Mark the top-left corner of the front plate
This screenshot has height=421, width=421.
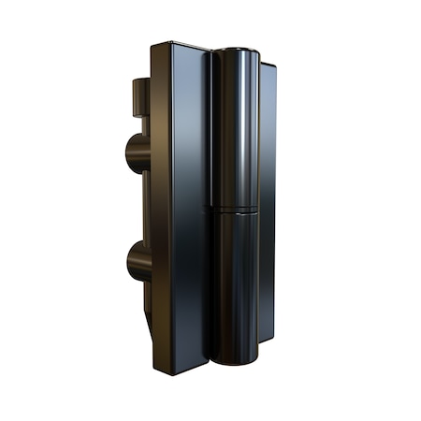pyautogui.click(x=153, y=44)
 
